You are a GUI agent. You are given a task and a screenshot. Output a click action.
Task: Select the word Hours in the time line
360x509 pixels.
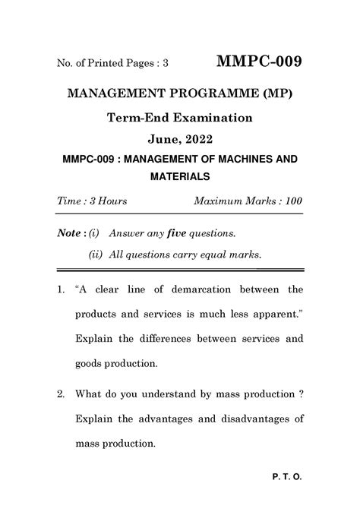pyautogui.click(x=112, y=201)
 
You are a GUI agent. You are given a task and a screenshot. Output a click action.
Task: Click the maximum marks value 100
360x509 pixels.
pyautogui.click(x=291, y=201)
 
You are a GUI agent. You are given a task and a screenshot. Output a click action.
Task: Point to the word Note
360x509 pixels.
pyautogui.click(x=70, y=231)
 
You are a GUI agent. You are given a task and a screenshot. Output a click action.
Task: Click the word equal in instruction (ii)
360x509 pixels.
pyautogui.click(x=205, y=254)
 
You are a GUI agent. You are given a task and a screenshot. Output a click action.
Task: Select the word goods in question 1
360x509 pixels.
pyautogui.click(x=88, y=364)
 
